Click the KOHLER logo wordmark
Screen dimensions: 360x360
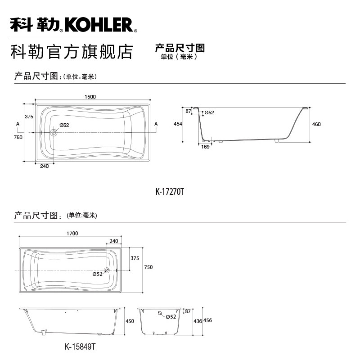click(99, 25)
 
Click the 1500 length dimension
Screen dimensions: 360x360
click(90, 97)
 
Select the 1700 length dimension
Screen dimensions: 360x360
click(72, 233)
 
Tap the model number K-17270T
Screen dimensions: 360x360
click(170, 192)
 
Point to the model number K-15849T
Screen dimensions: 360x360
click(80, 346)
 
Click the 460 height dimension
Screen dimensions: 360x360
click(316, 124)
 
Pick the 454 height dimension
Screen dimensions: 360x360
click(178, 124)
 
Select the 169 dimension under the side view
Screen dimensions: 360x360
click(205, 147)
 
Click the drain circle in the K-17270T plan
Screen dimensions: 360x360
click(54, 132)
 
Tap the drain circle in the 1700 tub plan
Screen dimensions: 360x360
click(107, 270)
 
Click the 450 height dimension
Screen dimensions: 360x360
click(130, 321)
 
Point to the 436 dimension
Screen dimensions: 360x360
click(198, 321)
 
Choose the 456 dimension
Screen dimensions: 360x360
click(207, 320)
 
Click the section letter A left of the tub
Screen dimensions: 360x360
click(18, 124)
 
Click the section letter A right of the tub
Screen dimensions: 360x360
click(156, 124)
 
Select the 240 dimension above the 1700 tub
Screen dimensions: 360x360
click(114, 241)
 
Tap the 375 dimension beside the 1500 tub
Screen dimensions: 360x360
click(29, 117)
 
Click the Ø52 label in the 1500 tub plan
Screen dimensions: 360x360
click(64, 125)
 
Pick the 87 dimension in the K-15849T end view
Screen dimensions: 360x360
click(188, 311)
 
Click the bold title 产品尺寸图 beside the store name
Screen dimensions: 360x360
click(180, 48)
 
